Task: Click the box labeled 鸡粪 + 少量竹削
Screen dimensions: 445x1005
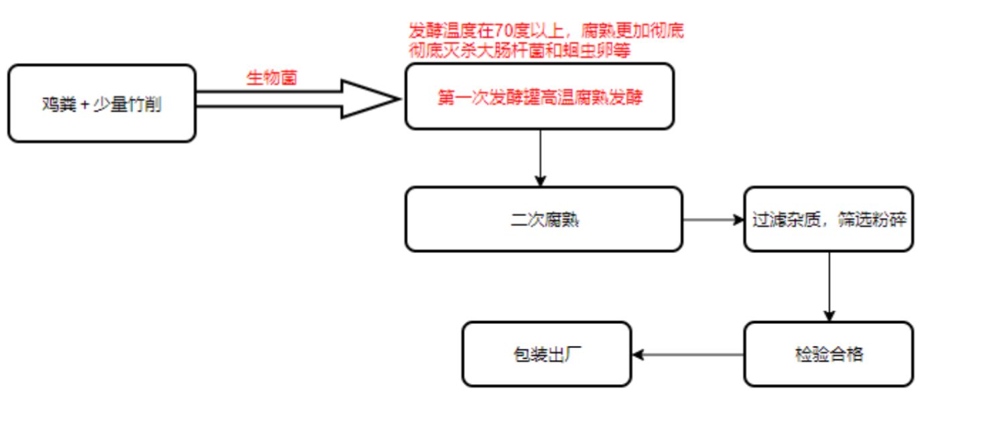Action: [x=101, y=103]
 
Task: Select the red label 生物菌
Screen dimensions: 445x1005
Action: [x=271, y=78]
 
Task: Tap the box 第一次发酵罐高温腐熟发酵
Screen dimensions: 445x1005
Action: [x=539, y=97]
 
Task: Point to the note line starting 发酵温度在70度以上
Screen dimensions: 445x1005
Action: [x=546, y=31]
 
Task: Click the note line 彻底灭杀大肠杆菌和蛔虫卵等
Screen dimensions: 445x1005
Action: [x=519, y=50]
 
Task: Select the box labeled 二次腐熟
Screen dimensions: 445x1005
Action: [x=543, y=219]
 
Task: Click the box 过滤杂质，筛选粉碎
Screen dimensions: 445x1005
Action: [x=828, y=219]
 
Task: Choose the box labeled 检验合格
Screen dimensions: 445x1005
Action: [x=828, y=354]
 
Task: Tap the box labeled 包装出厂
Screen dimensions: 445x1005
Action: [x=547, y=354]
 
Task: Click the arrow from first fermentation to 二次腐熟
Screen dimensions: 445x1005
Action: [x=541, y=157]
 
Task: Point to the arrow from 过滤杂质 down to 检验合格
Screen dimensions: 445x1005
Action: [x=829, y=286]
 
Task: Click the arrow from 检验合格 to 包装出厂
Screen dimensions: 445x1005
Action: [x=687, y=355]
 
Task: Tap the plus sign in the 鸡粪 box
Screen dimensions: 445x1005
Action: [x=84, y=105]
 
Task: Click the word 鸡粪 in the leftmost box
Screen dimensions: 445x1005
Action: [x=59, y=105]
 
